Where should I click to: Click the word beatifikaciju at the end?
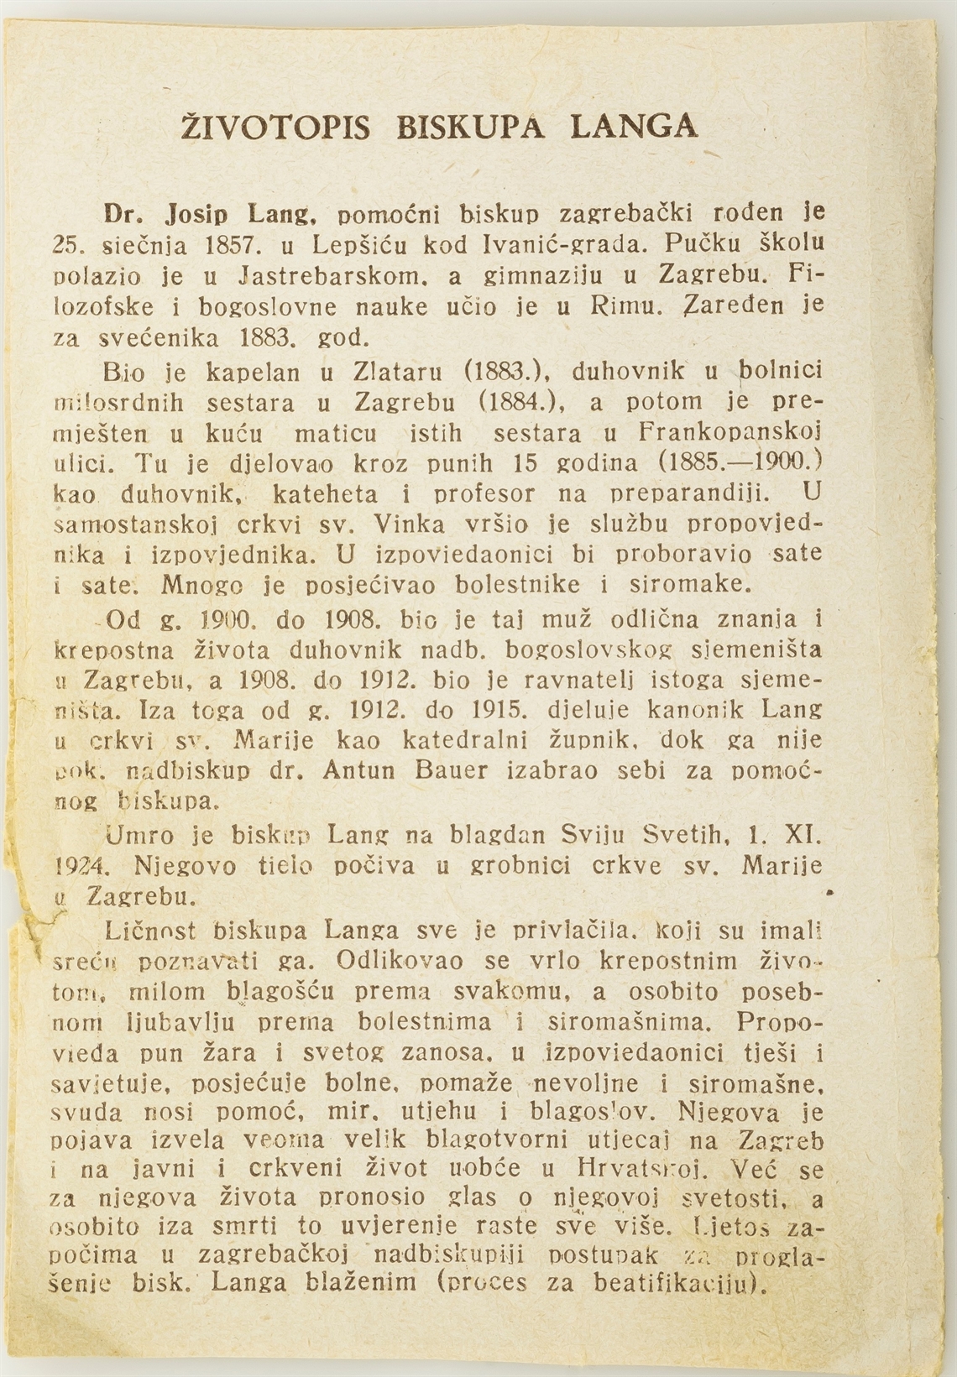[680, 1284]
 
